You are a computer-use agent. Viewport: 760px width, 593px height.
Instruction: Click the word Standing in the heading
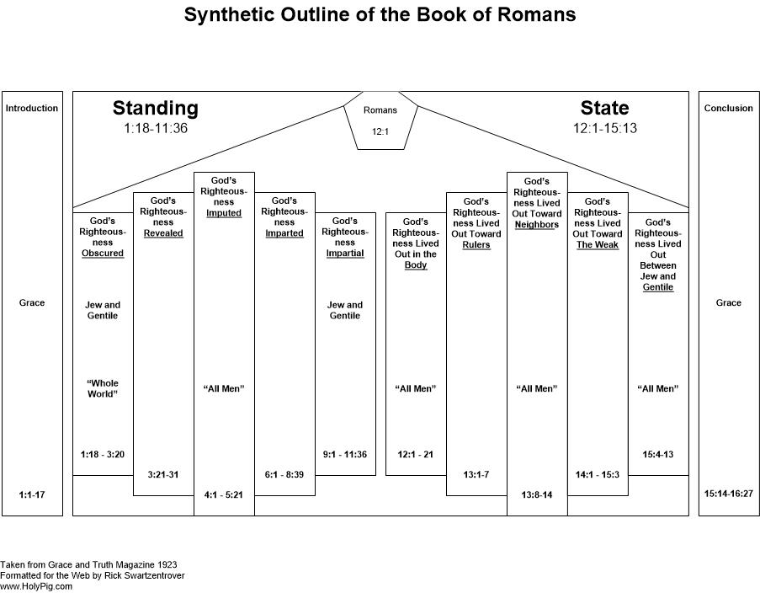coord(156,108)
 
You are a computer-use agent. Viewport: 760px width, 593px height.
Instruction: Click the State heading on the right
coord(604,107)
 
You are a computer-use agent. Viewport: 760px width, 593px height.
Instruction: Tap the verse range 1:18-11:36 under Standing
coord(156,128)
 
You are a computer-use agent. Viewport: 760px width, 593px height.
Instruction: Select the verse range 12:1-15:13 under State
coord(605,128)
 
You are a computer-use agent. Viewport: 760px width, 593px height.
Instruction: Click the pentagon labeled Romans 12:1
coord(380,120)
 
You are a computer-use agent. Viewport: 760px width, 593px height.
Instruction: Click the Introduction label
coord(32,108)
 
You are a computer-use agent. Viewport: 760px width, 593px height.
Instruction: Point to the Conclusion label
coord(729,108)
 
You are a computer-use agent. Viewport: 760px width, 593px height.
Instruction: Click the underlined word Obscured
coord(103,253)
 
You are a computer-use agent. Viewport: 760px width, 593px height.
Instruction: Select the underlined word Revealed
coord(163,233)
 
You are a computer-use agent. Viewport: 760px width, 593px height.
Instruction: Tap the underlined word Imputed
coord(224,212)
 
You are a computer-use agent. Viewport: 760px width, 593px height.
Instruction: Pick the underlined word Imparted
coord(284,233)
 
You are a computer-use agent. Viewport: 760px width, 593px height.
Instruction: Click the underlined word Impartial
coord(345,253)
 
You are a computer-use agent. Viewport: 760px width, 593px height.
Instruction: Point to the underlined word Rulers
coord(476,244)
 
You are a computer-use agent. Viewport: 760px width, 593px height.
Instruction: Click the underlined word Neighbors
coord(537,224)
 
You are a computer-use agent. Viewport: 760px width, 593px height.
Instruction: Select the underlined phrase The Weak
coord(598,244)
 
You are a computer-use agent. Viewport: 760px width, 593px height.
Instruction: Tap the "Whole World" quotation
coord(103,388)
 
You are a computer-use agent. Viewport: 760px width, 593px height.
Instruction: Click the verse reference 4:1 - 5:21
coord(223,495)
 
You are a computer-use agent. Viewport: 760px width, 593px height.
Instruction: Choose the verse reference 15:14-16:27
coord(729,494)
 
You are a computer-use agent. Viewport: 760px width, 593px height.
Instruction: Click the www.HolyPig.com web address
coord(36,586)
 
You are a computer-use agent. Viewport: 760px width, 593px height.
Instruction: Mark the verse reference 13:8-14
coord(537,495)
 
